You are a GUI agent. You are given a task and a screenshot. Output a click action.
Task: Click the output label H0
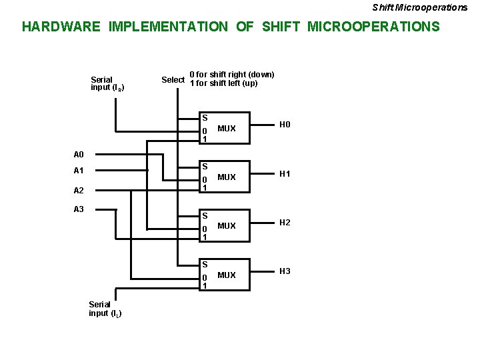285,125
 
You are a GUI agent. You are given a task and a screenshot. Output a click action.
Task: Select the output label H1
285,174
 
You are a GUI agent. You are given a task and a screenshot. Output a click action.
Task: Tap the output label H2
285,222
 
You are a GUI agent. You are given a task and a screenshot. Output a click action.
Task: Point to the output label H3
285,271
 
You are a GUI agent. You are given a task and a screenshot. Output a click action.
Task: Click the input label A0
79,154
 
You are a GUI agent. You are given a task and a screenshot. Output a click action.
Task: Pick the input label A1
79,171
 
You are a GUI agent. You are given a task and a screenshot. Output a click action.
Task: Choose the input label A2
79,190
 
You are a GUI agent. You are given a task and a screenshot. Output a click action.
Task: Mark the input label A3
79,209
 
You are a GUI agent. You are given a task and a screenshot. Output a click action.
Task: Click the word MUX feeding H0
227,129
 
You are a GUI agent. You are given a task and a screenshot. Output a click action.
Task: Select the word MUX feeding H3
227,275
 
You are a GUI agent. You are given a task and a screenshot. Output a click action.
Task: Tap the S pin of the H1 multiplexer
205,166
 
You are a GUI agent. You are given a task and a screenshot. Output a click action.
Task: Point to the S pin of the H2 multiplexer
205,215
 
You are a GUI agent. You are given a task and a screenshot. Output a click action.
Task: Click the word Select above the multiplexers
173,80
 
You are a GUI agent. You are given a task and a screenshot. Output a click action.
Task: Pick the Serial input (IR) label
107,83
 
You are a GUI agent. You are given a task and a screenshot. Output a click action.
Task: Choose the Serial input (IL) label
105,309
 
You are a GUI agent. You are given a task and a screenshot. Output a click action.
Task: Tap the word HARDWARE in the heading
61,27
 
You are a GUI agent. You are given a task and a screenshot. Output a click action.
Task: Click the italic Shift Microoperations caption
419,7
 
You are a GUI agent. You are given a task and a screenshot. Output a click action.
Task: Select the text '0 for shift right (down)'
232,74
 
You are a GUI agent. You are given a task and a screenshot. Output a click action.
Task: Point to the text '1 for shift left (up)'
223,83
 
